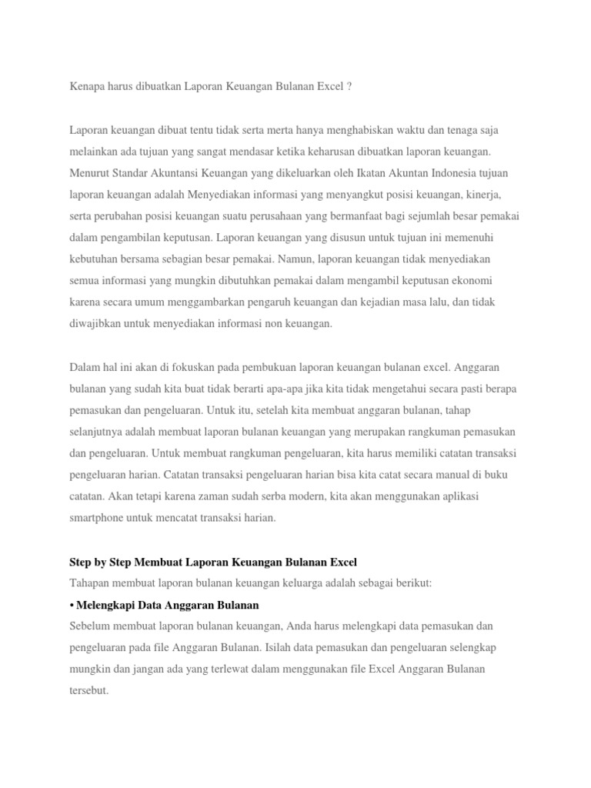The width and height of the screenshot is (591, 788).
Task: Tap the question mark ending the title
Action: [x=350, y=88]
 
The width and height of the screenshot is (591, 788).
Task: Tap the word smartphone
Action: [x=97, y=519]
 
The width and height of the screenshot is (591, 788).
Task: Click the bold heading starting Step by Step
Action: [x=213, y=562]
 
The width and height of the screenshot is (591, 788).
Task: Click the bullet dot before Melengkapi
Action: [x=72, y=605]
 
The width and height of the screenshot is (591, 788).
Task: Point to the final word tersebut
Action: [x=88, y=691]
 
